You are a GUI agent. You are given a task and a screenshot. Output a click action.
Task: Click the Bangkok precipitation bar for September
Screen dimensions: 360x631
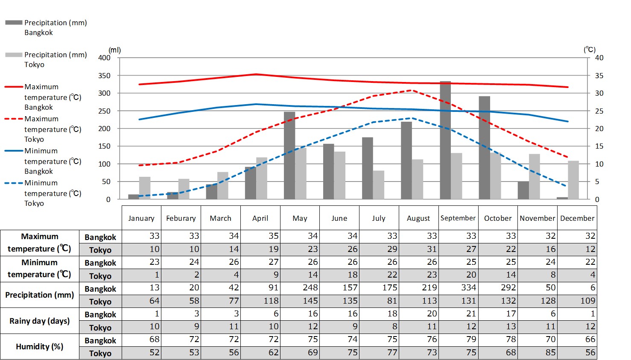445,141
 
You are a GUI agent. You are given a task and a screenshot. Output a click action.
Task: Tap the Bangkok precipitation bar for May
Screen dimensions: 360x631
289,156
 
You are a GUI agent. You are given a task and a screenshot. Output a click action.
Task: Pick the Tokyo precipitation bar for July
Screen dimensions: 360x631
378,185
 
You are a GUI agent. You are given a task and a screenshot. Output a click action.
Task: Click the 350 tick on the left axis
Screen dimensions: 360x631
105,76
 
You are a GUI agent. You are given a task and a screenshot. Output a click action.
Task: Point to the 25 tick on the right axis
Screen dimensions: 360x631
599,111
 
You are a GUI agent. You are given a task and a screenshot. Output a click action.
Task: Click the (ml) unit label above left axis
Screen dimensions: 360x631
115,50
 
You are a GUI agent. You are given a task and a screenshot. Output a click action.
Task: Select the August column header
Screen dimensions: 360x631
418,218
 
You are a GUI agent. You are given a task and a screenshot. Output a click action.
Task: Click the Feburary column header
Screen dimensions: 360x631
181,218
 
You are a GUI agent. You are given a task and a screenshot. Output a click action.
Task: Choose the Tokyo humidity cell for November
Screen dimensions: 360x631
538,353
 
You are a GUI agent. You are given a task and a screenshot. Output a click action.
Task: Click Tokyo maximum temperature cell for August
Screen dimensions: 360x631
418,249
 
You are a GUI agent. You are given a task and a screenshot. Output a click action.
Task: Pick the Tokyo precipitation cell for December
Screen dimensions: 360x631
578,301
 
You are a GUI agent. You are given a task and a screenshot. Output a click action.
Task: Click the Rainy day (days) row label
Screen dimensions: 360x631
40,321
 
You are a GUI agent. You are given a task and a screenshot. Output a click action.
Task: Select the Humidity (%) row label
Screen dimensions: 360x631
40,346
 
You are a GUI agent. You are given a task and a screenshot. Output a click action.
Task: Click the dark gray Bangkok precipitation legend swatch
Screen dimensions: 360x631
14,23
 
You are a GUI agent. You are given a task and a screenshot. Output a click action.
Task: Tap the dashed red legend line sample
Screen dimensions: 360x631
14,119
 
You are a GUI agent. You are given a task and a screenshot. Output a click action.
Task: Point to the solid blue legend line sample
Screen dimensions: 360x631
14,151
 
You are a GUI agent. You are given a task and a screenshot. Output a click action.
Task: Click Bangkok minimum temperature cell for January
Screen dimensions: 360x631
142,262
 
